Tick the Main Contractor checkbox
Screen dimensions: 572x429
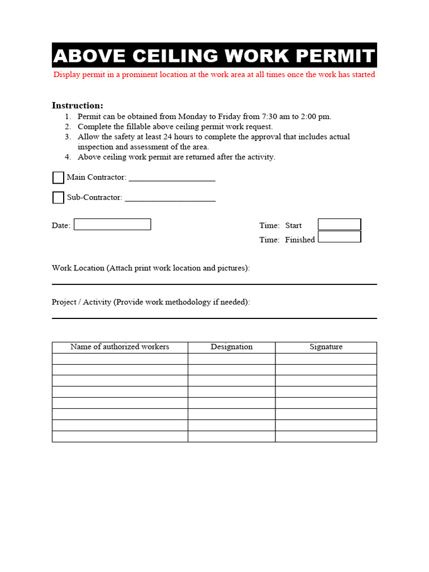pyautogui.click(x=58, y=178)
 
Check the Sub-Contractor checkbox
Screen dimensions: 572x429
pyautogui.click(x=58, y=198)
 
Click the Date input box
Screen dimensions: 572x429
pyautogui.click(x=112, y=225)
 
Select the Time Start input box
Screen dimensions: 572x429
pyautogui.click(x=339, y=225)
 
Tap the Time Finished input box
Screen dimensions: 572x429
pyautogui.click(x=339, y=237)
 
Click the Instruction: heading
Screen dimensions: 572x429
pyautogui.click(x=77, y=106)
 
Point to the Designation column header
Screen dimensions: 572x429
pyautogui.click(x=231, y=347)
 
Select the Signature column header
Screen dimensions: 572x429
pyautogui.click(x=326, y=347)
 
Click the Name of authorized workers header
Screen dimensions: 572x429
pyautogui.click(x=120, y=347)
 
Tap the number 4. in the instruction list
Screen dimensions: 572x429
pyautogui.click(x=68, y=157)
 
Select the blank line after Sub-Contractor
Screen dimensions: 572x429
pyautogui.click(x=170, y=198)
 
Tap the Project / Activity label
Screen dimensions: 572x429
pyautogui.click(x=82, y=302)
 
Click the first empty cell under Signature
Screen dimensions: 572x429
pyautogui.click(x=326, y=359)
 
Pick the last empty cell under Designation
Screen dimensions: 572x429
pyautogui.click(x=231, y=436)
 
